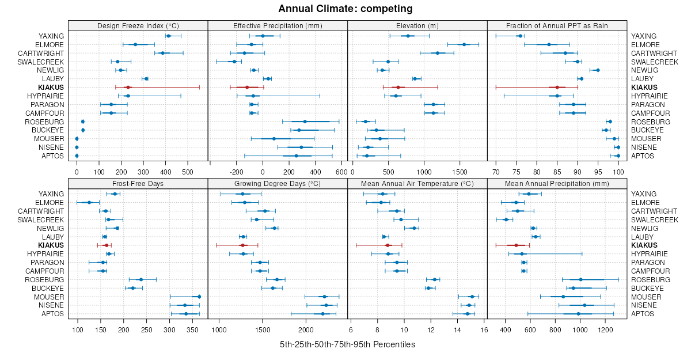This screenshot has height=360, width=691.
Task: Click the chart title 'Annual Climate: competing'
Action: coord(345,9)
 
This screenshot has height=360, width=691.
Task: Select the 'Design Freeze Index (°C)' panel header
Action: coord(138,25)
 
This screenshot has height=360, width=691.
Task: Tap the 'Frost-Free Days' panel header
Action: coord(138,184)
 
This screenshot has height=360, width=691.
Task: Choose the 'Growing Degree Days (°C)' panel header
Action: coord(278,184)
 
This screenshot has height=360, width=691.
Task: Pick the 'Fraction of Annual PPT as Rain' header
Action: coord(557,25)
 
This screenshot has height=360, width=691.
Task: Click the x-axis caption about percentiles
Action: coord(347,344)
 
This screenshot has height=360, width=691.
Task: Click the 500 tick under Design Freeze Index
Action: coord(187,171)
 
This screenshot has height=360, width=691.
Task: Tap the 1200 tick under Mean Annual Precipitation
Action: coord(605,329)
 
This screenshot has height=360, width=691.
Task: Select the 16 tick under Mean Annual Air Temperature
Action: coord(484,329)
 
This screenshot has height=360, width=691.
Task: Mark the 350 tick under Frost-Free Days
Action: coord(192,329)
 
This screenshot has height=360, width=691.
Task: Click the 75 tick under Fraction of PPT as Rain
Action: coord(516,171)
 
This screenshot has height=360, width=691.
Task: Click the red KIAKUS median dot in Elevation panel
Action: coord(398,88)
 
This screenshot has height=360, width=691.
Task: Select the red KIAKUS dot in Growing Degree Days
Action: coord(242,245)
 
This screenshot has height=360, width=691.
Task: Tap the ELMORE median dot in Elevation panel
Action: coord(464,44)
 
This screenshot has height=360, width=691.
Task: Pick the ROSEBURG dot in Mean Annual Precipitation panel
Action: coord(580,279)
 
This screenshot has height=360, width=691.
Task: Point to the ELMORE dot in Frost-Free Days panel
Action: coord(89,203)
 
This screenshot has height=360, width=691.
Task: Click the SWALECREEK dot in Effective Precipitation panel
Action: coord(234,62)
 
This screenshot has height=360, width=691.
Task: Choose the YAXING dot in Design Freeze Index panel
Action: coord(168,36)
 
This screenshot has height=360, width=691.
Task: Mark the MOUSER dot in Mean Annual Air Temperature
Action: coord(472,297)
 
